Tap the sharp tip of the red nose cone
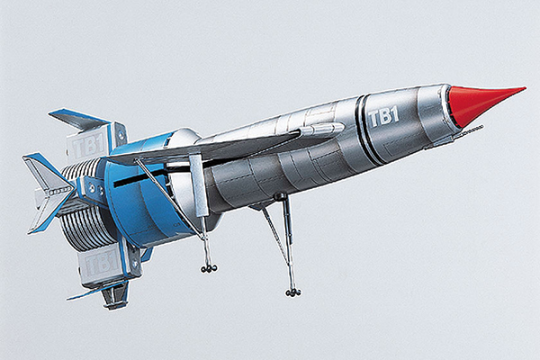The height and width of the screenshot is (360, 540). (x=526, y=88)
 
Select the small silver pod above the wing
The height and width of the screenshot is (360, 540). (x=322, y=129)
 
